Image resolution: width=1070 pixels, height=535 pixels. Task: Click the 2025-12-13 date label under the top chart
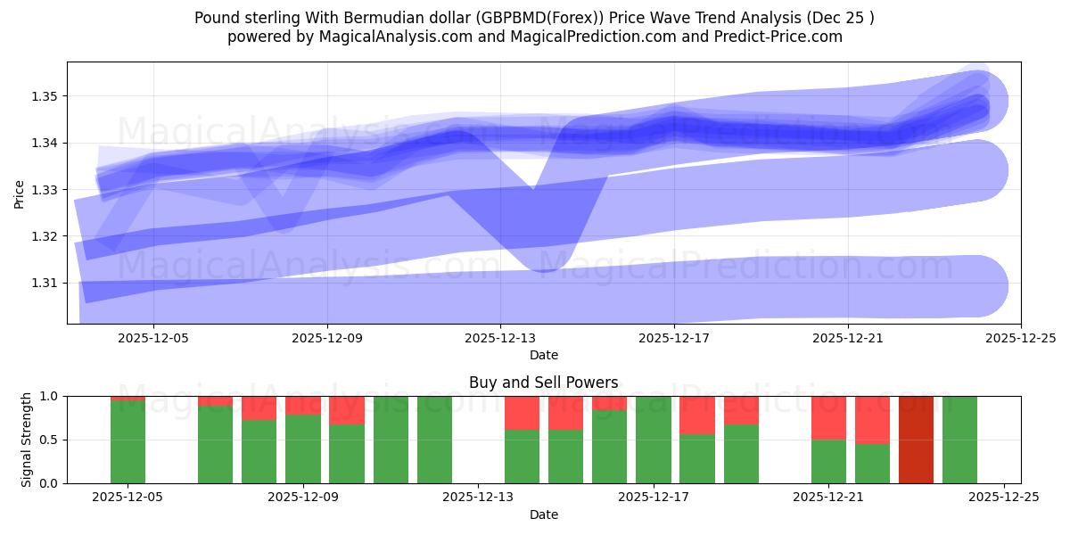500,339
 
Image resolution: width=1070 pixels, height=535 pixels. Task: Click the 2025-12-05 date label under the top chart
153,339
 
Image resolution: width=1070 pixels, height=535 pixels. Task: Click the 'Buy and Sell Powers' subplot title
543,383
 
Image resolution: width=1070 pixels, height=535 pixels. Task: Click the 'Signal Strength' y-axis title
27,439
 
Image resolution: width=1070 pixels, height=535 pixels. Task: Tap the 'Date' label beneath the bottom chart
543,514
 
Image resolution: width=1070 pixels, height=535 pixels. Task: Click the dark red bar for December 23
916,440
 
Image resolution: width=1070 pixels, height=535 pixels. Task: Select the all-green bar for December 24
959,440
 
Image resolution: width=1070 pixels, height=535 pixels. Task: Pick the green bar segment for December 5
128,442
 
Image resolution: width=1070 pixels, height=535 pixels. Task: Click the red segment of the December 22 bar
872,419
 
